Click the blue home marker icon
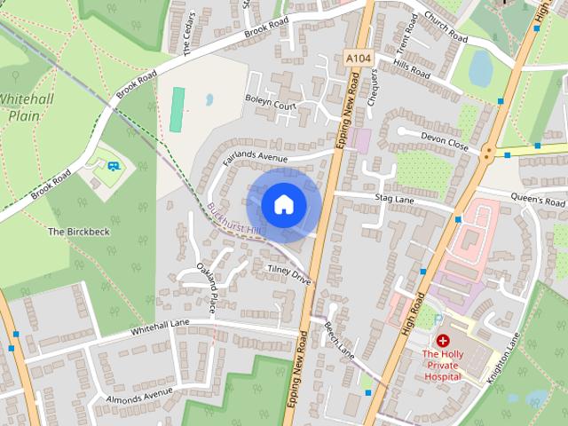pyautogui.click(x=284, y=204)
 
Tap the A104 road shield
pyautogui.click(x=359, y=59)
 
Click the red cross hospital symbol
pyautogui.click(x=442, y=341)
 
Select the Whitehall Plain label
pyautogui.click(x=27, y=107)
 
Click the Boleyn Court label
pyautogui.click(x=272, y=106)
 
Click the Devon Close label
pyautogui.click(x=446, y=142)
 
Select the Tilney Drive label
pyautogui.click(x=288, y=272)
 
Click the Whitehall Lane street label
pyautogui.click(x=161, y=327)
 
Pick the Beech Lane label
pyautogui.click(x=339, y=340)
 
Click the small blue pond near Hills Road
pyautogui.click(x=481, y=67)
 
